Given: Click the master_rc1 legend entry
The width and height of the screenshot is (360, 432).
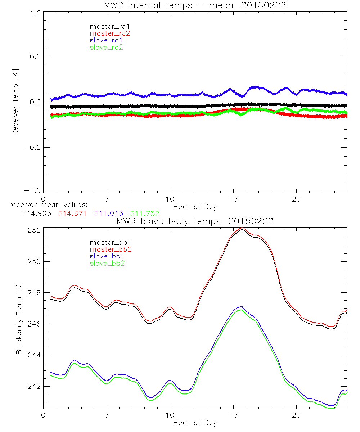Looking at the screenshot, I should pyautogui.click(x=106, y=26).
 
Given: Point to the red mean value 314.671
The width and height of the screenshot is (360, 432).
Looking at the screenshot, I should pyautogui.click(x=72, y=213).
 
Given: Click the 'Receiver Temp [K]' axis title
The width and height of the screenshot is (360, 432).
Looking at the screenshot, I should pyautogui.click(x=15, y=102).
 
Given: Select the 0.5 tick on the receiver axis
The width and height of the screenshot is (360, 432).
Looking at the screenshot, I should pyautogui.click(x=35, y=57).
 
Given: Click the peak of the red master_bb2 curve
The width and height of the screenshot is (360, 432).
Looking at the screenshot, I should pyautogui.click(x=242, y=228).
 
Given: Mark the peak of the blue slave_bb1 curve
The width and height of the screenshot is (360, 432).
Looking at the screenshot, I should pyautogui.click(x=242, y=307).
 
